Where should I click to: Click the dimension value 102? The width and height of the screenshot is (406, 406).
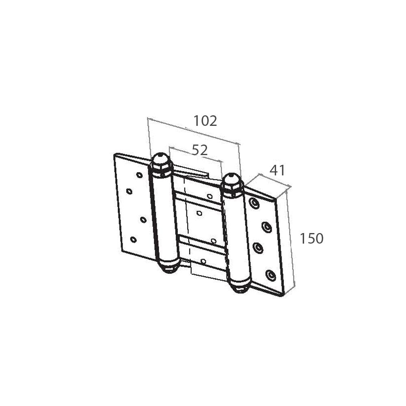coord(205,121)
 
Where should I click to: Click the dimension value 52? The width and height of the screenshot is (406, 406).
coord(200,150)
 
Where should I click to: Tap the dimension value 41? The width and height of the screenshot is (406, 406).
coord(277,170)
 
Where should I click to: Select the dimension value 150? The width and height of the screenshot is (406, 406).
coord(311,238)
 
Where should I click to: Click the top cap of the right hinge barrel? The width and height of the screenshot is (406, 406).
coord(232,184)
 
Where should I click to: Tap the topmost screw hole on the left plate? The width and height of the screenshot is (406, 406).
coord(139,175)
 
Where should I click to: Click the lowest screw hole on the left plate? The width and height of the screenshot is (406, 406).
coord(133,240)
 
